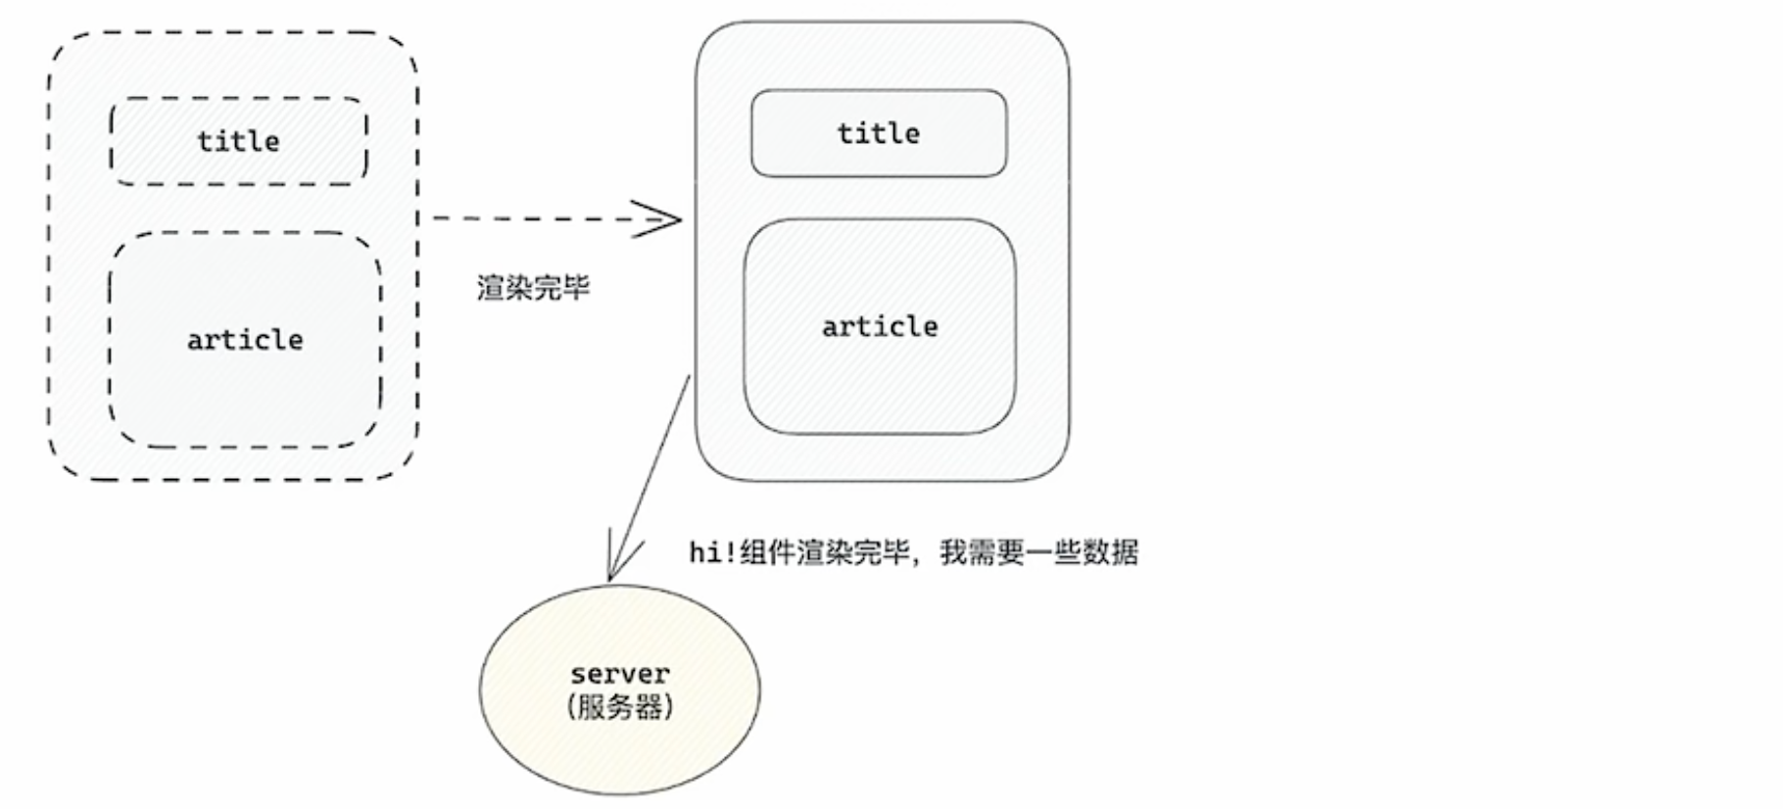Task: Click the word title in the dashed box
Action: coord(238,141)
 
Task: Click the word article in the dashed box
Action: coord(245,340)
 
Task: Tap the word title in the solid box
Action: coord(879,133)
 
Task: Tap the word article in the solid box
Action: coord(880,326)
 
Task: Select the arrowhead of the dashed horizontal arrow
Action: coord(666,219)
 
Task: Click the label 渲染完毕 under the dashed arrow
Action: coord(534,288)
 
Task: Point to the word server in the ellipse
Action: coord(620,674)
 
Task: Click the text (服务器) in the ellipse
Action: coord(620,707)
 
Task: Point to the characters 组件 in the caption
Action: coord(768,552)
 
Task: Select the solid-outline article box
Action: coord(880,392)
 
